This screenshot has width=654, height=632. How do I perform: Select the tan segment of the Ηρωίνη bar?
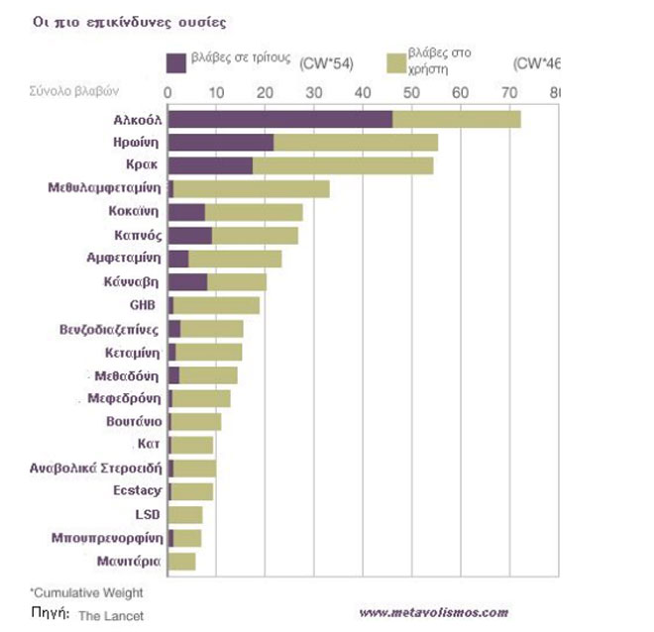tap(356, 143)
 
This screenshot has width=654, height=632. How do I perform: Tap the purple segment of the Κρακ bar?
tap(210, 165)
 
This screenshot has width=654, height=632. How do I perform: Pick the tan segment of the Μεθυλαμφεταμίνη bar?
tap(252, 188)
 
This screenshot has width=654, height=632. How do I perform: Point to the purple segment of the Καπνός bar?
tap(189, 235)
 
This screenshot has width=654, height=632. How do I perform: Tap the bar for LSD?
tap(185, 514)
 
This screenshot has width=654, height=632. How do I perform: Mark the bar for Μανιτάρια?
tap(182, 562)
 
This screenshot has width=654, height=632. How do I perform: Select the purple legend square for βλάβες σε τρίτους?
tap(177, 61)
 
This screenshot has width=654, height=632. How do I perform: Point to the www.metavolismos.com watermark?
tap(433, 612)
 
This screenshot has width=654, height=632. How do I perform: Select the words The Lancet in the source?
tap(111, 615)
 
